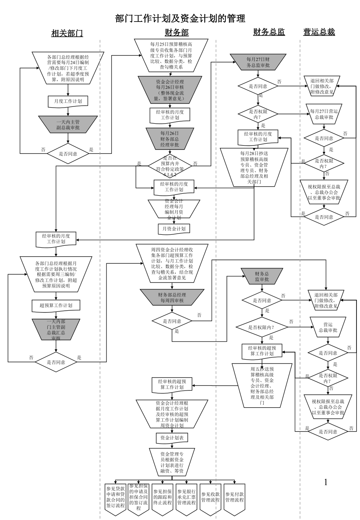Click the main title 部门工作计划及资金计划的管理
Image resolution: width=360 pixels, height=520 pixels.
click(180, 18)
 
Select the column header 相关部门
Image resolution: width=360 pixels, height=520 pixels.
click(67, 33)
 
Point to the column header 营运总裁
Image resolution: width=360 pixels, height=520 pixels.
click(319, 32)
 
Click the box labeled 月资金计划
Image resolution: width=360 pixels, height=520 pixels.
click(174, 228)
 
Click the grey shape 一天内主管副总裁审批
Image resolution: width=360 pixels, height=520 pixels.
click(68, 124)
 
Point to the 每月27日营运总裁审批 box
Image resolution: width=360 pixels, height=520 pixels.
click(324, 114)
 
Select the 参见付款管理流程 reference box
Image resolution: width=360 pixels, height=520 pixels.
click(234, 497)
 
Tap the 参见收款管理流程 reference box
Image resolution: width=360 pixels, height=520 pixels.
click(210, 497)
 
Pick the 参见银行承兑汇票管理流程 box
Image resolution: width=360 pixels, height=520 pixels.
click(186, 497)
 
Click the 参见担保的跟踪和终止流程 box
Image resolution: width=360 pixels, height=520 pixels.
click(162, 497)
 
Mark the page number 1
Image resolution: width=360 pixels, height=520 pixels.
click(326, 482)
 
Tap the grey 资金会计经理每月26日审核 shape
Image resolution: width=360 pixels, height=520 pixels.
click(170, 90)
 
